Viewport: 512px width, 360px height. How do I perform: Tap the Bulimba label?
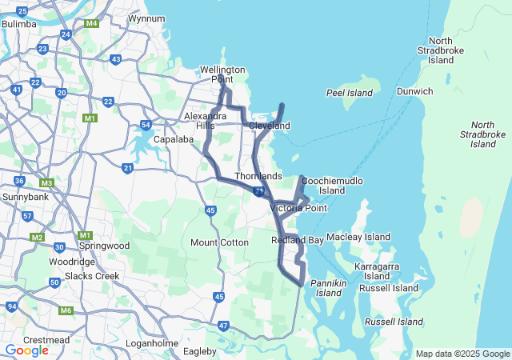click(x=19, y=24)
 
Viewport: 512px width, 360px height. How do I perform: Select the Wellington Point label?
click(x=216, y=74)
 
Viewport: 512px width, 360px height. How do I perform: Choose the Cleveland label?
click(x=269, y=126)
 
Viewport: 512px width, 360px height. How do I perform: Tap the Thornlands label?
click(x=258, y=176)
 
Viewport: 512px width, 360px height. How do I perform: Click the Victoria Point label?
click(x=298, y=208)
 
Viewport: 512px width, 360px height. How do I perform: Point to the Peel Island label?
click(x=350, y=94)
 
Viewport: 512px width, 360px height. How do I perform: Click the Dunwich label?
click(x=414, y=91)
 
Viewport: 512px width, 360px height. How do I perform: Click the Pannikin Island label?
click(x=328, y=288)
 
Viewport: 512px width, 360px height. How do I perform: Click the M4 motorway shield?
click(x=92, y=23)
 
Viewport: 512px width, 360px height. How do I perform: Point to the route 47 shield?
click(x=223, y=326)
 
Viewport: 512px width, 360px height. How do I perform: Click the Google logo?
click(x=26, y=350)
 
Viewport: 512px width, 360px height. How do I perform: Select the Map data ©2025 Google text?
click(x=462, y=354)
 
